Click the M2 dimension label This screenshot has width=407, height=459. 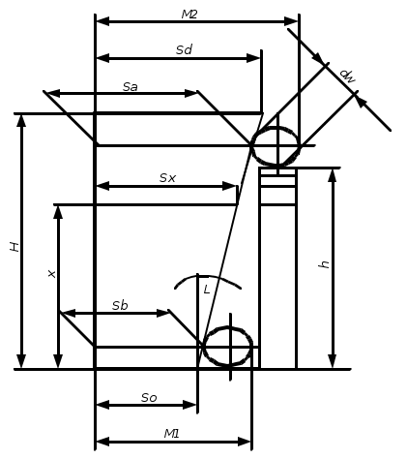189,15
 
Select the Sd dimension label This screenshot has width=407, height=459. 185,49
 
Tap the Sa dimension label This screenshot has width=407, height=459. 131,86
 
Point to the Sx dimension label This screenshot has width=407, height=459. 167,178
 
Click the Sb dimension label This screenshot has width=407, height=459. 120,305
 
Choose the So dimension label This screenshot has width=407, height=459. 149,398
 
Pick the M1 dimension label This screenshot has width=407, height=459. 171,434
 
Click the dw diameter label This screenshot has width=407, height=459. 348,76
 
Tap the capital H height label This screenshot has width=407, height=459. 15,247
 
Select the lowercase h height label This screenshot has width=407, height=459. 324,264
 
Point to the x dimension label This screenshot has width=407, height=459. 51,274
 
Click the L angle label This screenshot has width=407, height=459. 207,290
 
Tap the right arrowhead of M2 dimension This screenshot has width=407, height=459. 291,21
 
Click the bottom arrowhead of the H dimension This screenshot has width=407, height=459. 21,361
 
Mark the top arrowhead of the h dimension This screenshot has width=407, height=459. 333,176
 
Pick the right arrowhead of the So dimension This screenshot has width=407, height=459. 189,405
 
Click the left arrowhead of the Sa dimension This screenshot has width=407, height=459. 55,93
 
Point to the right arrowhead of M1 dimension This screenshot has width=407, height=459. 245,442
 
